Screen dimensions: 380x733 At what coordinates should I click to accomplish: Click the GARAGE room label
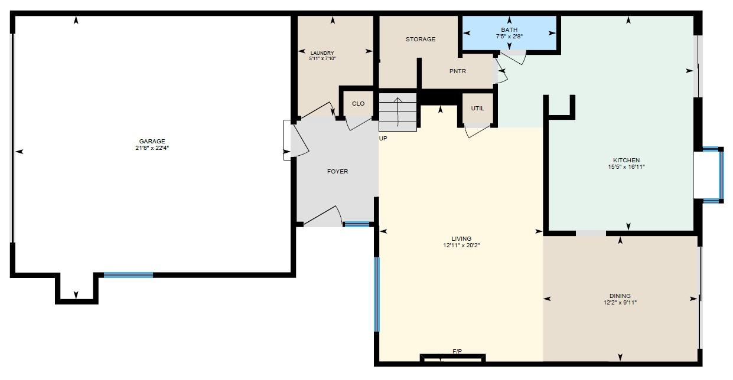(152, 142)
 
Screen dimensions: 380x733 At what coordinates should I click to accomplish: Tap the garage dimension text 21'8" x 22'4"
(152, 148)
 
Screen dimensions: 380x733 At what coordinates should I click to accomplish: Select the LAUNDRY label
(322, 53)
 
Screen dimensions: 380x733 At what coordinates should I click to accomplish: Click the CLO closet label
(358, 104)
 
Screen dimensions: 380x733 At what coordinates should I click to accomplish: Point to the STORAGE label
(421, 40)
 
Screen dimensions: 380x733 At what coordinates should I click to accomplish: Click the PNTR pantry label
(457, 71)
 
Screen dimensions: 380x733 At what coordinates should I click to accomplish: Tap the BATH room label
(509, 30)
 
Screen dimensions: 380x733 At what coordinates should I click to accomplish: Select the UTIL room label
(477, 109)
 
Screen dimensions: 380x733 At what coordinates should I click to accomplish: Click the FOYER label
(337, 172)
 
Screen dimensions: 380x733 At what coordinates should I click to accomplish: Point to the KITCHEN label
(626, 160)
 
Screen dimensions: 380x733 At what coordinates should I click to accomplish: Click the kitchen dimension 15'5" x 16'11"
(626, 167)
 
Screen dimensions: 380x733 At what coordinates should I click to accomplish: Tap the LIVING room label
(461, 239)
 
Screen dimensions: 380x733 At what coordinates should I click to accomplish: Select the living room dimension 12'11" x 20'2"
(461, 245)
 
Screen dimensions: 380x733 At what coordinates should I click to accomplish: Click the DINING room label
(620, 296)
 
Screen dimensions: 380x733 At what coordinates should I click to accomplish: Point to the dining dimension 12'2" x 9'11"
(620, 303)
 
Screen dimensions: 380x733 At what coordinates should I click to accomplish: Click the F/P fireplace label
(457, 352)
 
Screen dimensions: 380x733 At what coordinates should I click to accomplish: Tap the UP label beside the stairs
(383, 138)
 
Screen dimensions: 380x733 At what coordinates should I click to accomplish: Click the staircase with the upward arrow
(398, 112)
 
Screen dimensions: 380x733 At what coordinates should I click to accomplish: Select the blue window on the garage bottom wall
(128, 275)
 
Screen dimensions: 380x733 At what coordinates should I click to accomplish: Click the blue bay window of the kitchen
(720, 175)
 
